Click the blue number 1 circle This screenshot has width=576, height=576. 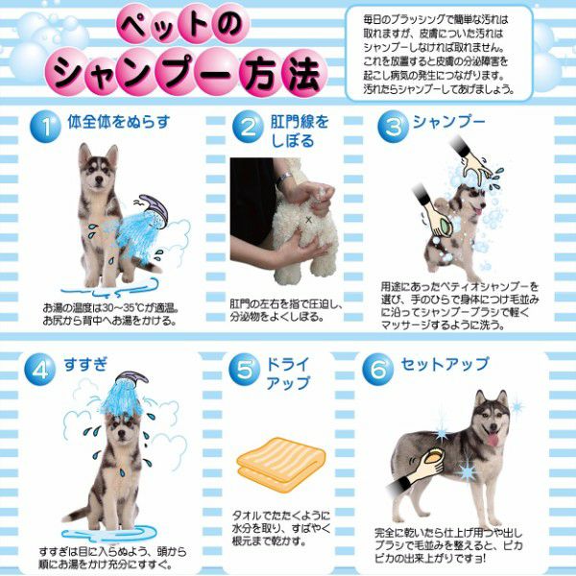coord(45,127)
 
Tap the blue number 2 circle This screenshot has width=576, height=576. coord(248,127)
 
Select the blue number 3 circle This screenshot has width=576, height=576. coord(393,127)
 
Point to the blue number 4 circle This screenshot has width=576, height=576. coord(39,370)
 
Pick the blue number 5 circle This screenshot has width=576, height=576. coord(244,370)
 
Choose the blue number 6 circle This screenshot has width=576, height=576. coord(377,370)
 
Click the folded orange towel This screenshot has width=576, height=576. coord(281,464)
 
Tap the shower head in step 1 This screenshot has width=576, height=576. coord(154,209)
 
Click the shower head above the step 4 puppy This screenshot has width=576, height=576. coord(132,379)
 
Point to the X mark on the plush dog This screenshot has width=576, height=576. coord(308,220)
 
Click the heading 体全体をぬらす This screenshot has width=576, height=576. coord(119,122)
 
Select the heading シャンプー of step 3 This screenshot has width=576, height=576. coord(449,122)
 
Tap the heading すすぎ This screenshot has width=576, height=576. coord(85,365)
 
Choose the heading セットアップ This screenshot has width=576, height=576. coord(444,365)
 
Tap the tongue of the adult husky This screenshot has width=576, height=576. coord(493,439)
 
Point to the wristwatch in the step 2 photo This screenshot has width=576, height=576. coord(284,180)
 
